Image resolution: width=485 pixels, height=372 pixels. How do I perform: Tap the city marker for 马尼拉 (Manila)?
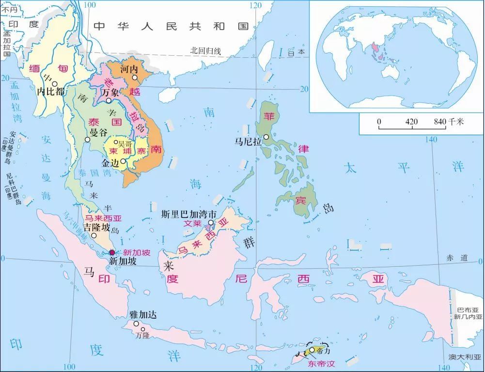[266, 137]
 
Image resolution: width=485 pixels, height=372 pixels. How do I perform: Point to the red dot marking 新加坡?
[112, 252]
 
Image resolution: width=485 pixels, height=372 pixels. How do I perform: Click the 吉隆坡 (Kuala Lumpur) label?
[96, 227]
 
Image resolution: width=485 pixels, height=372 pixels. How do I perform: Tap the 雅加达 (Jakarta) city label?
[141, 314]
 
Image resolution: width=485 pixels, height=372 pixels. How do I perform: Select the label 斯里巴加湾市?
[188, 213]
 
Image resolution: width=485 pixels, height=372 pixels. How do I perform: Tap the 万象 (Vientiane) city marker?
[109, 101]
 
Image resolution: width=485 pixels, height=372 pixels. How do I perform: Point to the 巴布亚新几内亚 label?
[469, 313]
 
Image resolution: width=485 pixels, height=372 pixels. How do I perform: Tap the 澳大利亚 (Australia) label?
[465, 358]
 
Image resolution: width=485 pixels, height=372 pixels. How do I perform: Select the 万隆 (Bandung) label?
[142, 335]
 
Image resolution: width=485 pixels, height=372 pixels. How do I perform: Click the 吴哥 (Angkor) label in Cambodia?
[125, 144]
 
